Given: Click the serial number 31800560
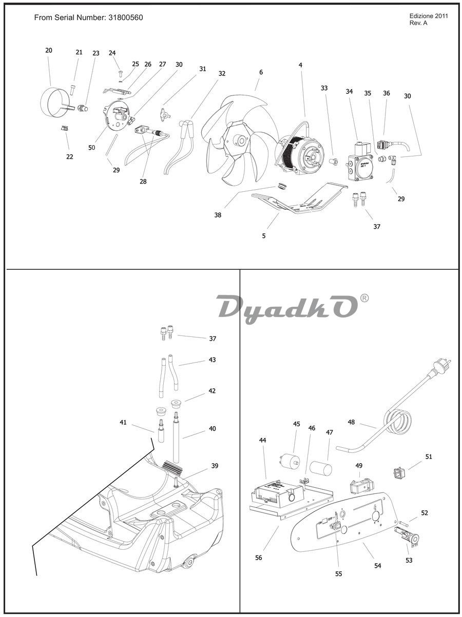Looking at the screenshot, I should point(125,17).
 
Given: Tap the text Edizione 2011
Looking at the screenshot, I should point(429,16).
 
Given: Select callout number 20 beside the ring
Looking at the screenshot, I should point(49,50).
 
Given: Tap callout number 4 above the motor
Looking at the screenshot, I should point(300,65).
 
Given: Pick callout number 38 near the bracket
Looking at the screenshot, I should point(218,215).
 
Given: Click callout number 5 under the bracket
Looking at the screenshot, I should point(264,236).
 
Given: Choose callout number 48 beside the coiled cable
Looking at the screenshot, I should point(351,422).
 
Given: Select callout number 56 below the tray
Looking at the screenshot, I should point(259,558).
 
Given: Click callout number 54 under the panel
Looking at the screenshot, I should point(378,566).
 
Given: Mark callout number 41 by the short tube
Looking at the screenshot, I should point(123,422).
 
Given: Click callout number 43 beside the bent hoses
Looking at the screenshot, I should point(213,360).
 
